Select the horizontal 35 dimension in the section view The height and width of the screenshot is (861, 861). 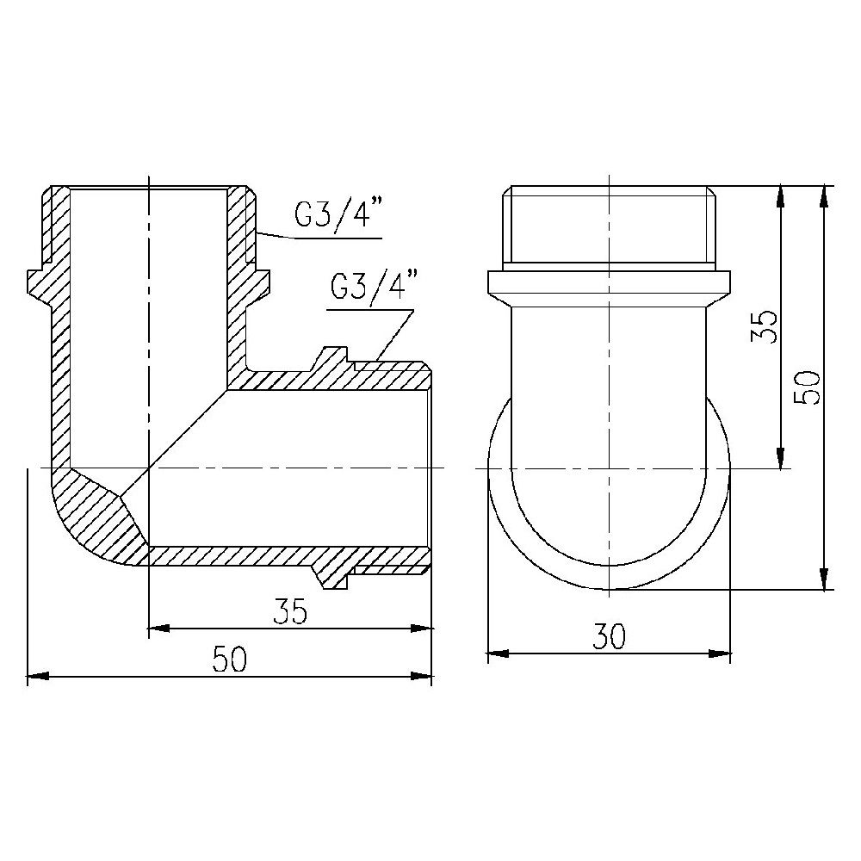(289, 611)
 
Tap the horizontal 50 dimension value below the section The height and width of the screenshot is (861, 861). (230, 660)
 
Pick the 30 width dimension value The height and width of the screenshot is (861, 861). (609, 637)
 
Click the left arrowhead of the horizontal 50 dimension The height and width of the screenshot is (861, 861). (34, 678)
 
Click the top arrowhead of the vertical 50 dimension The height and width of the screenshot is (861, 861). (825, 194)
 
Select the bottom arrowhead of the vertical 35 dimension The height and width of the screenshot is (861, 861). (780, 461)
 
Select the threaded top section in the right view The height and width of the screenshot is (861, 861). (609, 224)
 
